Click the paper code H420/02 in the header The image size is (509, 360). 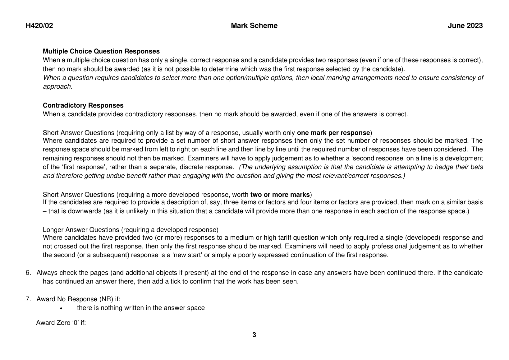tap(39, 26)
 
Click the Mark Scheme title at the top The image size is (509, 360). tap(254, 26)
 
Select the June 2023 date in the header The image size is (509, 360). tap(465, 26)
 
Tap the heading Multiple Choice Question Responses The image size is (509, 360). tap(101, 51)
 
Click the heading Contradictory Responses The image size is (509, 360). tap(83, 105)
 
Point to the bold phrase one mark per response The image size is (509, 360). tap(333, 133)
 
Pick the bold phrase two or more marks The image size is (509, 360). tap(280, 195)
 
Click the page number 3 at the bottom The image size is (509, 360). tap(254, 335)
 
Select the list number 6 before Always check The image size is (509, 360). tap(28, 273)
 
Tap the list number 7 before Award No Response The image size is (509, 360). tap(28, 299)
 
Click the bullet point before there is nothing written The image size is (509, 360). tap(61, 308)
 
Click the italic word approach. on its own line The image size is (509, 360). tap(57, 86)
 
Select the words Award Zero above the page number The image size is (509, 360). tap(51, 323)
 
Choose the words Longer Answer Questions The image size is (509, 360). tap(81, 230)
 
